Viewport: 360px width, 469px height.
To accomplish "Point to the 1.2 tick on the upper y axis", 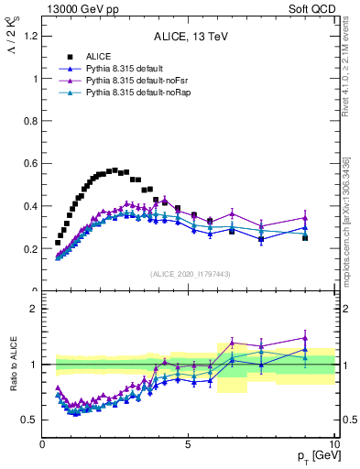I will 30,36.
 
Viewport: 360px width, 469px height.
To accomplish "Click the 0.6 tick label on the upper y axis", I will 30,164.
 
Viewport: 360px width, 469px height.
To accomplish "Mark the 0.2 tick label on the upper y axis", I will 30,249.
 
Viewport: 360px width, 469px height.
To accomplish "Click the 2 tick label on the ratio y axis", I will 34,309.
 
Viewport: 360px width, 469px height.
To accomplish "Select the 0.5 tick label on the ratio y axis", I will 30,420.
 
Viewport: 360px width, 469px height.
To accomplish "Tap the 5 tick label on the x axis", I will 188,446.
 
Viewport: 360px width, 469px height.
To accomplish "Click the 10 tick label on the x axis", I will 333,446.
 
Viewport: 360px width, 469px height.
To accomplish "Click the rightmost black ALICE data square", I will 305,237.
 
